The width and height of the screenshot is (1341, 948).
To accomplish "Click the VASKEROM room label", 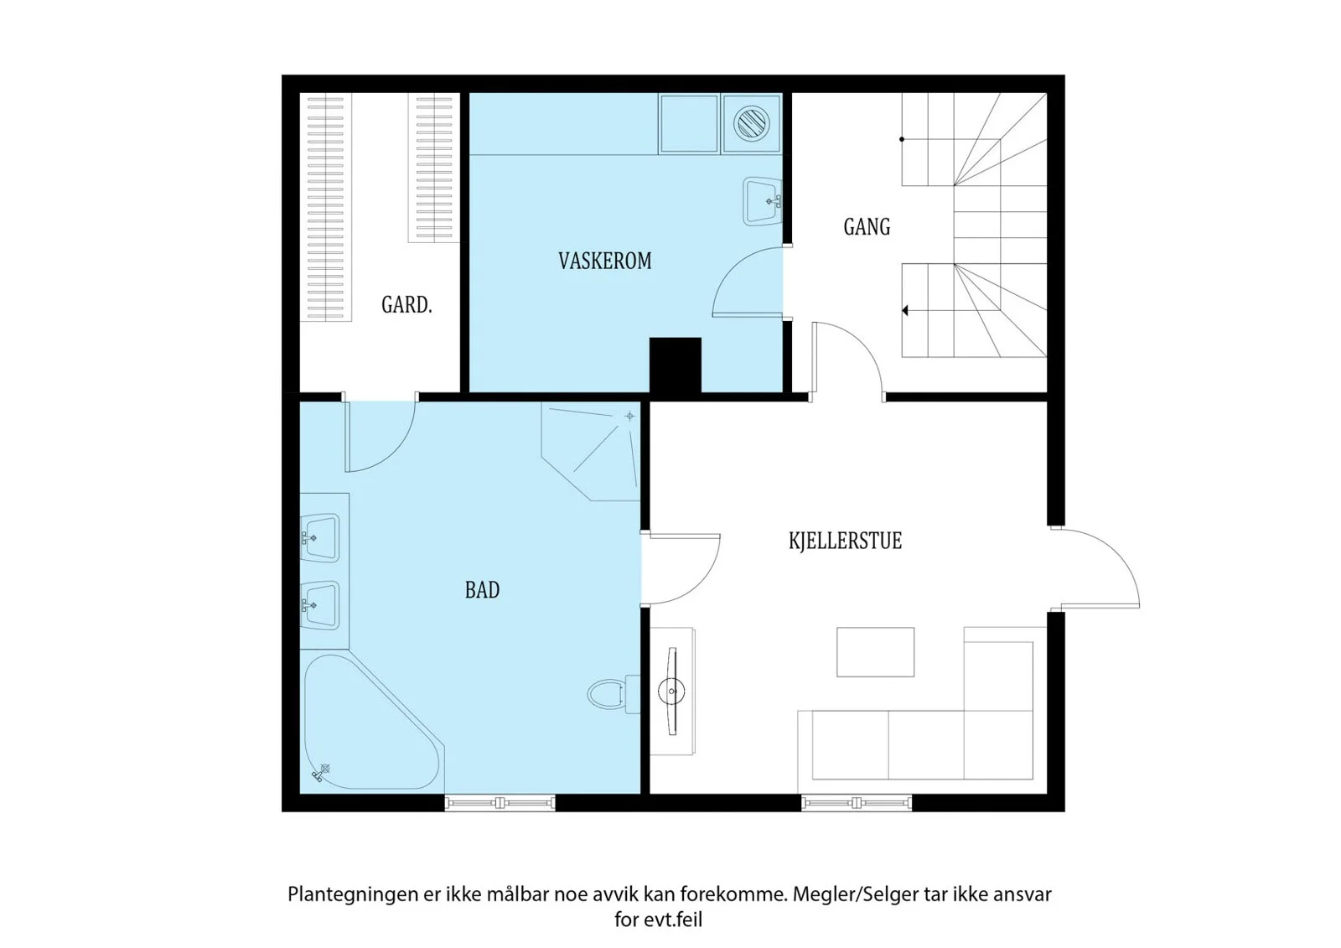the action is click(x=604, y=262).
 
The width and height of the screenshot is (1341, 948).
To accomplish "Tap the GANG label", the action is click(x=867, y=227).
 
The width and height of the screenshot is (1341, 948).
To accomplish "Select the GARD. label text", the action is click(x=406, y=305).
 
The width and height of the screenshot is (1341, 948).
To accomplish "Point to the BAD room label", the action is click(x=482, y=590).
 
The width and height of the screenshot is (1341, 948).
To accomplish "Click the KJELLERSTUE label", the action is click(x=845, y=541).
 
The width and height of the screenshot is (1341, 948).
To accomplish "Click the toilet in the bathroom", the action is click(x=614, y=694).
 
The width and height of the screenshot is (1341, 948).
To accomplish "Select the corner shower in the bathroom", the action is click(x=591, y=451).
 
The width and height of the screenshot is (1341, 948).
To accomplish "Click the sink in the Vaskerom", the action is click(x=763, y=201).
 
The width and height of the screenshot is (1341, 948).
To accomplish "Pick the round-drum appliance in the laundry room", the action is click(x=752, y=124).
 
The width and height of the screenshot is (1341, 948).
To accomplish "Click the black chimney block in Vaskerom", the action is click(x=676, y=365).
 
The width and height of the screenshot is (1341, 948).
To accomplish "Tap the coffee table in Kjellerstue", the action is click(x=875, y=652).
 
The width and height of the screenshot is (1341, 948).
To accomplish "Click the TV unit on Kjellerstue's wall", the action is click(x=672, y=692).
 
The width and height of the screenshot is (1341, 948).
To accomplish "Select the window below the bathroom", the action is click(x=500, y=803).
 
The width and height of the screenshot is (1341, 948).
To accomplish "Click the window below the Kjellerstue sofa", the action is click(x=857, y=803).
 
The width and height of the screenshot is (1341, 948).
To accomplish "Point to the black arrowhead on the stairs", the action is click(x=905, y=311).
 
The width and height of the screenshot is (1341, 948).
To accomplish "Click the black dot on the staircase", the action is click(x=902, y=139).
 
